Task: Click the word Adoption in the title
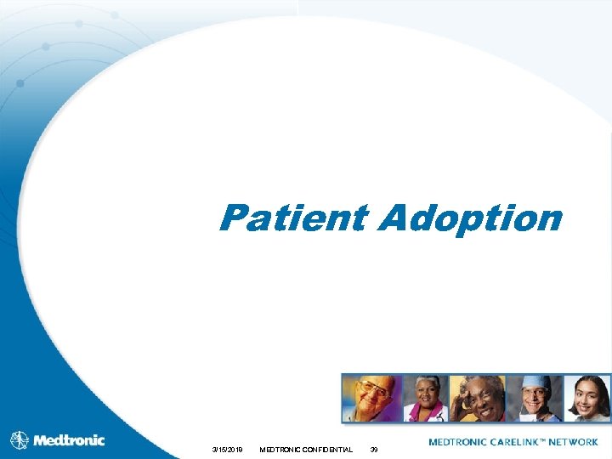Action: pos(471,218)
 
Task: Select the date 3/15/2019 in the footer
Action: pos(227,449)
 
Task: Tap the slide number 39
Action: pos(374,449)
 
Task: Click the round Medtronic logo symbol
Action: pos(20,440)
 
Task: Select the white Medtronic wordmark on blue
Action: pos(69,440)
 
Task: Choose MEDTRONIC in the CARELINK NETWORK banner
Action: pos(458,442)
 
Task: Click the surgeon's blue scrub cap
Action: pos(533,382)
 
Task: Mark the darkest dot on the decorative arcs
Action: pos(20,83)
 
